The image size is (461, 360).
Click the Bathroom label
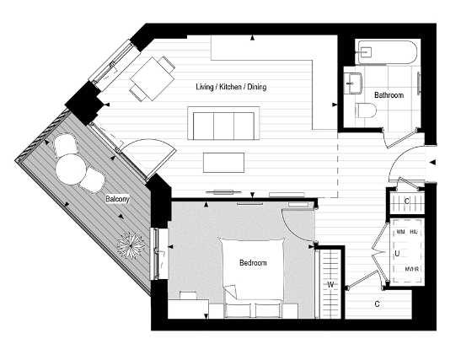coord(389,96)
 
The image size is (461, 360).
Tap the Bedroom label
coord(252,263)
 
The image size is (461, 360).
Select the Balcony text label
coord(117,200)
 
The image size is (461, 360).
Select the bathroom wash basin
coord(353,82)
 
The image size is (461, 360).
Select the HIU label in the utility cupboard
coord(414,230)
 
